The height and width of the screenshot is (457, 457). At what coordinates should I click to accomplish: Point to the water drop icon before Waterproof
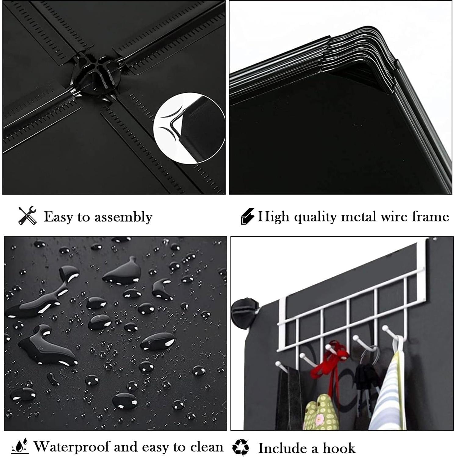[x=20, y=446]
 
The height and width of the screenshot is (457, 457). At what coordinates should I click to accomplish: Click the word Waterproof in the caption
[x=72, y=447]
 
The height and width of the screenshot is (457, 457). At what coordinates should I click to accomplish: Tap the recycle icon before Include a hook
[x=241, y=447]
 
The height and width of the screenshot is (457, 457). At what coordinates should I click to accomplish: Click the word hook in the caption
[x=339, y=448]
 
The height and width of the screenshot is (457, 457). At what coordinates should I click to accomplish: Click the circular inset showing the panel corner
[x=189, y=128]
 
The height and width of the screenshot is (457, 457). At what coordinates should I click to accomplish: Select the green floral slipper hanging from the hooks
[x=319, y=412]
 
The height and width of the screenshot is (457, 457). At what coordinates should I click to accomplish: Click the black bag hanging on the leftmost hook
[x=288, y=397]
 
